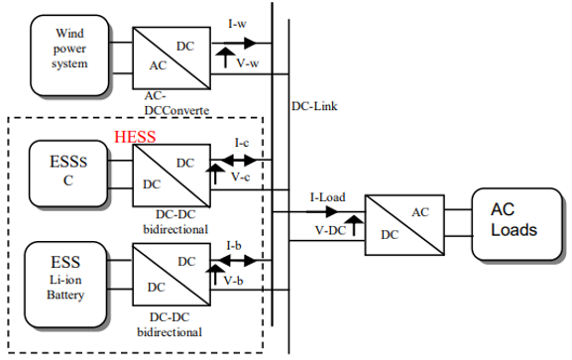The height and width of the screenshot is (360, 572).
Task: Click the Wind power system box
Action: point(69,56)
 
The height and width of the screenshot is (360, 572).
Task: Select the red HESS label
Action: point(135,137)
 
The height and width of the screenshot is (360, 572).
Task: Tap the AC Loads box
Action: point(516,224)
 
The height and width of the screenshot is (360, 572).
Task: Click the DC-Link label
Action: point(314,106)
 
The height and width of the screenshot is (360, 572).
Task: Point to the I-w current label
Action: point(238,24)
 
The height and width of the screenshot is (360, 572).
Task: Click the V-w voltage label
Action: point(248,63)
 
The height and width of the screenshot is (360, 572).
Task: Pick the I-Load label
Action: point(327,197)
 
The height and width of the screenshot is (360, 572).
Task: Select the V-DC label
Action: point(330,230)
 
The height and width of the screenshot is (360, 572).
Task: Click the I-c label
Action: point(242,143)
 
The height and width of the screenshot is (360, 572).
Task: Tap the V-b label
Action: point(234,281)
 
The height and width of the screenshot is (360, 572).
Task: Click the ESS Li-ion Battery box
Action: point(65,285)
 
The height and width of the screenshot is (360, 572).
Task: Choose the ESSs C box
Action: point(68,174)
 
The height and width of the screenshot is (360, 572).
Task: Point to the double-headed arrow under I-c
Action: point(239,160)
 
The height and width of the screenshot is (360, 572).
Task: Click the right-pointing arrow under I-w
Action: point(234,43)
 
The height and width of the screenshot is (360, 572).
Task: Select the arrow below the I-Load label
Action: point(322,211)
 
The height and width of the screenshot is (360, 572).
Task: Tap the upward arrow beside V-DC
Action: point(354,225)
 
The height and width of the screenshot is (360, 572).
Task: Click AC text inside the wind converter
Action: point(158,65)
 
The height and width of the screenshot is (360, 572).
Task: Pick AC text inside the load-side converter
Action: point(420,212)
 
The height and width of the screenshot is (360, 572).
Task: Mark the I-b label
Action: point(234,246)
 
